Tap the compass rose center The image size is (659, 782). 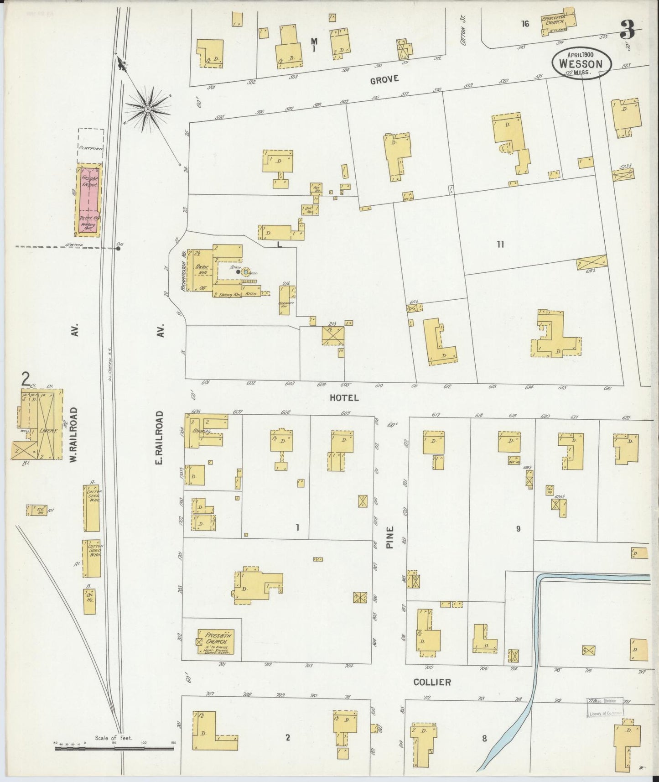tap(148, 109)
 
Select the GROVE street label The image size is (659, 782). tap(384, 79)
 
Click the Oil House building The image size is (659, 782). tap(89, 601)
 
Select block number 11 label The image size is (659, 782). tap(500, 245)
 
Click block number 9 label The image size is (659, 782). tap(518, 529)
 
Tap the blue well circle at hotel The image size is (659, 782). tap(246, 272)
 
